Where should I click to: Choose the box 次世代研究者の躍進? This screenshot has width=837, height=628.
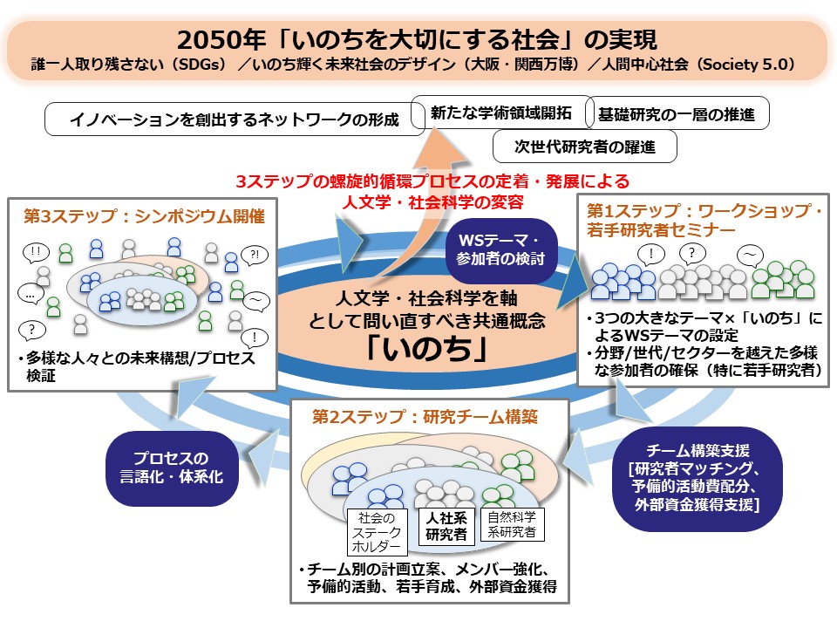coord(584,146)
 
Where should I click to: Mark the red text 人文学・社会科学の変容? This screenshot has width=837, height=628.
coord(433,201)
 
